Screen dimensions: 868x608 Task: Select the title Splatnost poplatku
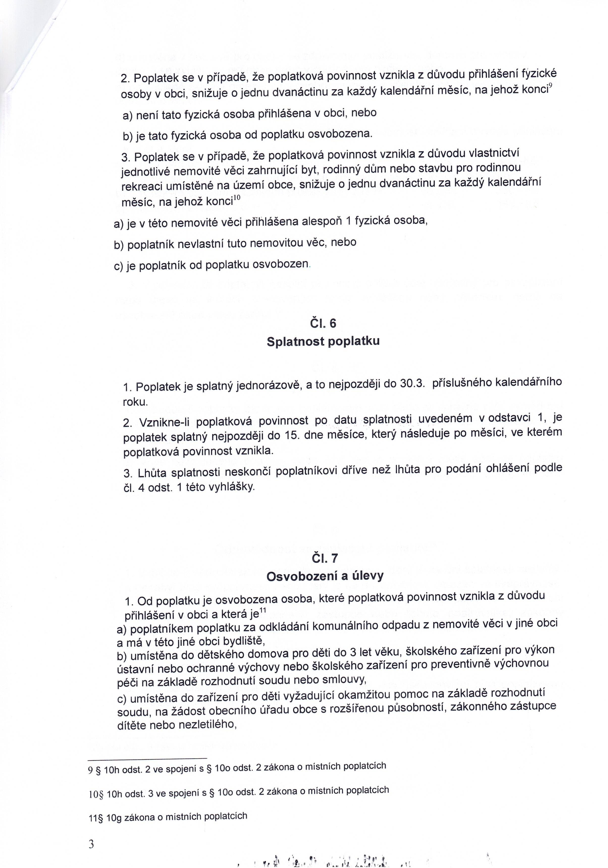(x=323, y=341)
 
